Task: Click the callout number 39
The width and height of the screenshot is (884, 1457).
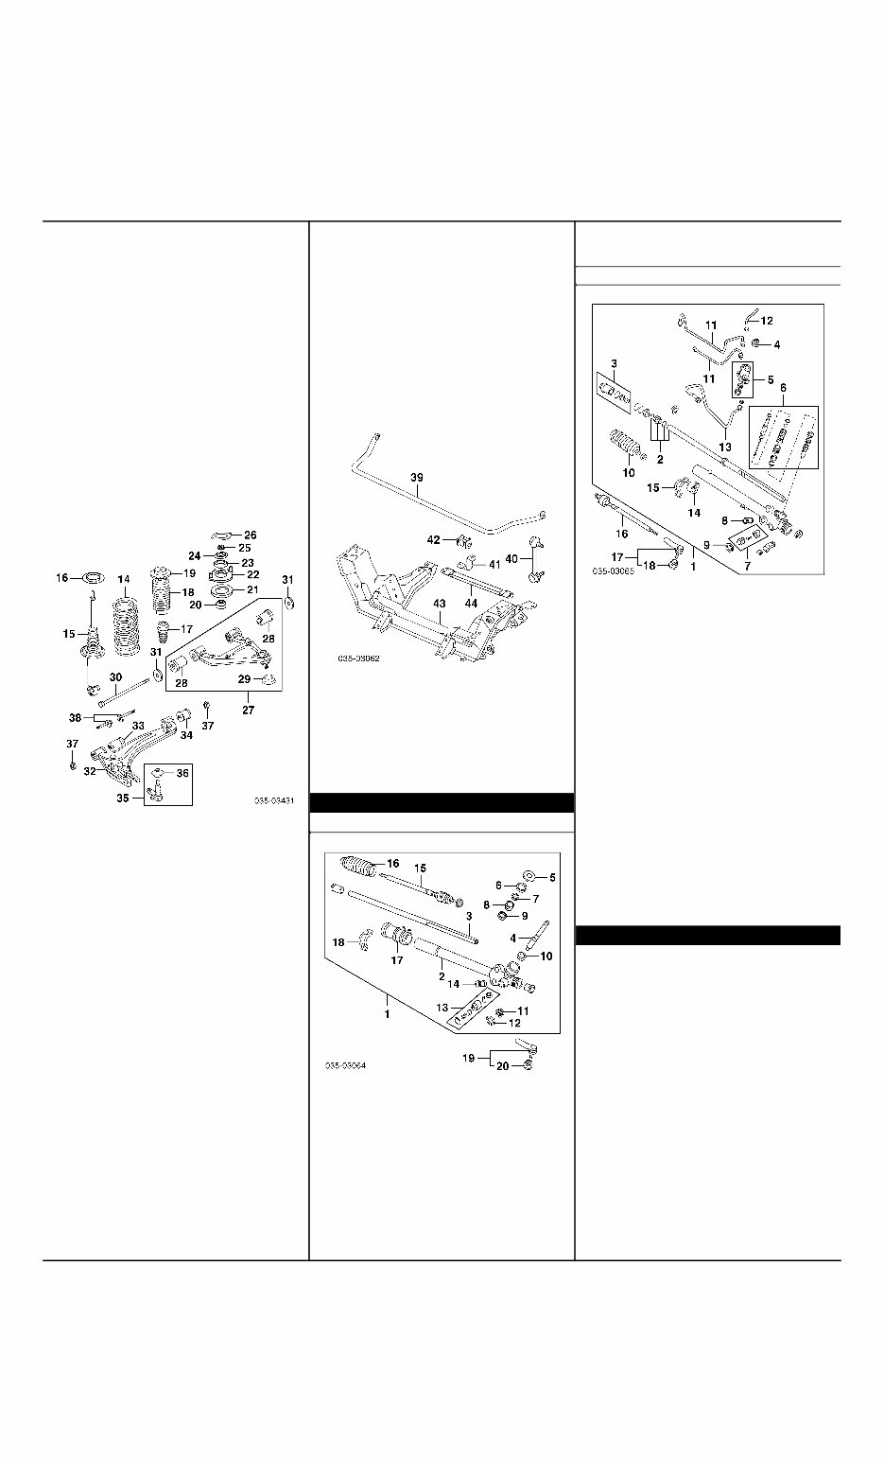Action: pos(417,478)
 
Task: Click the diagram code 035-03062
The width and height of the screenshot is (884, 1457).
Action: pos(358,659)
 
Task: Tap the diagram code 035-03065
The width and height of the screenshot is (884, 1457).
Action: pos(614,571)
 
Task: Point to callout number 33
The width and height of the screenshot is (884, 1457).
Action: pos(138,726)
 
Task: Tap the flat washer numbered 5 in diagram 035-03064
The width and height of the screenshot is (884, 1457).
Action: pos(529,877)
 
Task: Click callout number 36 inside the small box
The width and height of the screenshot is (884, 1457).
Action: pos(182,773)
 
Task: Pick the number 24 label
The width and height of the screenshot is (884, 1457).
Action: pos(194,556)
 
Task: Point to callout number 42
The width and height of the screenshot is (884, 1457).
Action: pos(434,539)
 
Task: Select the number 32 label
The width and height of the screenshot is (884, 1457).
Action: pos(91,771)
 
